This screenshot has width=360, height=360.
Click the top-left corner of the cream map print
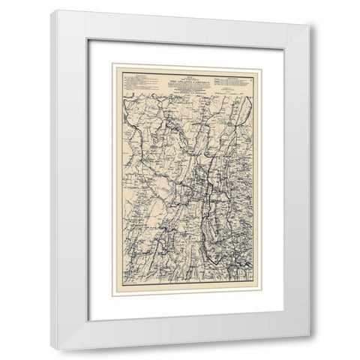(112, 64)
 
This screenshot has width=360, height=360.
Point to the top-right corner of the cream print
(259, 64)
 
